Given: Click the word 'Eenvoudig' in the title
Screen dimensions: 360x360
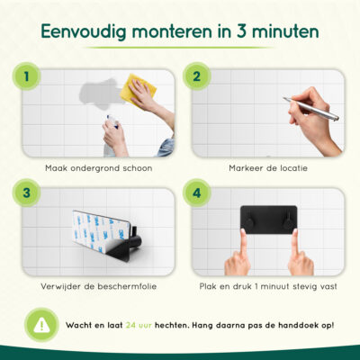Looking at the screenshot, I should [90, 32].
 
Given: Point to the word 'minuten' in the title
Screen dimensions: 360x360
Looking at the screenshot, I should [279, 32].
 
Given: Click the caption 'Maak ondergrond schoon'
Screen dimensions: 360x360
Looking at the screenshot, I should [98, 167].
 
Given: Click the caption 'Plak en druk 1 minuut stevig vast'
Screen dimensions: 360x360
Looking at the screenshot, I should [270, 286].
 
